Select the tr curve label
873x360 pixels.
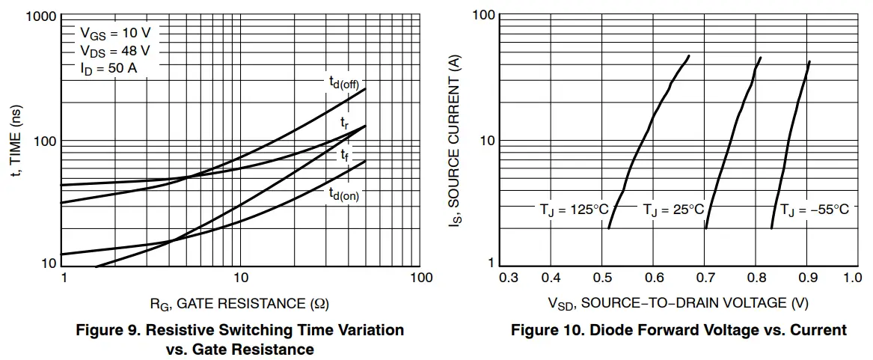click(344, 121)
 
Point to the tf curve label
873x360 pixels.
click(344, 155)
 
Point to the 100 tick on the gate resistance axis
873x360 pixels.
click(422, 278)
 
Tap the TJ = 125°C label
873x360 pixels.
click(575, 210)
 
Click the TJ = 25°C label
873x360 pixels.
click(674, 210)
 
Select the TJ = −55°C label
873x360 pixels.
click(815, 210)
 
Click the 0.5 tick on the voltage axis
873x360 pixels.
click(602, 278)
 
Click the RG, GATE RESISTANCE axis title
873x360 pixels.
click(239, 303)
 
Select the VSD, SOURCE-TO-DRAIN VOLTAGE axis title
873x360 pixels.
click(679, 303)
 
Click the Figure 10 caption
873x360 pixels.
click(679, 330)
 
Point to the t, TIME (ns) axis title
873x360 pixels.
click(16, 141)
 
